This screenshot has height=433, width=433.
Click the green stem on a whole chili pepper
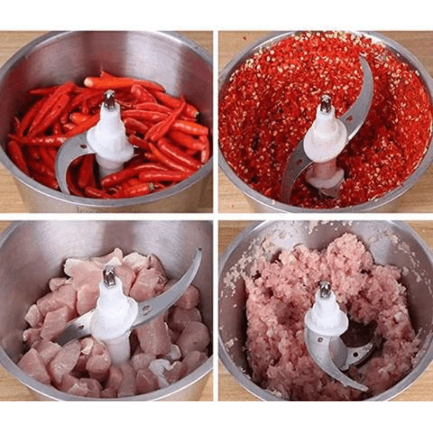151,187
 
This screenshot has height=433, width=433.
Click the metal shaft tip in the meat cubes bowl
109,276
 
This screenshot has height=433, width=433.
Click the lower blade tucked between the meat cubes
74,331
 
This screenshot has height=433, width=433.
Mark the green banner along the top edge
216,12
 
